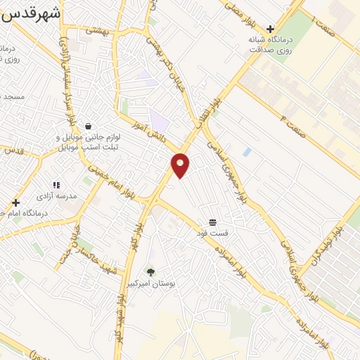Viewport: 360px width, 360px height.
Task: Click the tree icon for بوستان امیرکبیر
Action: pos(150,271)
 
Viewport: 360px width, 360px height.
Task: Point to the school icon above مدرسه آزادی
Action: pos(56,185)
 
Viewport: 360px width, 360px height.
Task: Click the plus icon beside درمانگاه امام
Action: pos(15,202)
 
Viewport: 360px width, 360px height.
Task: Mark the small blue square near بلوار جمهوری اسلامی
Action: pos(246,152)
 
